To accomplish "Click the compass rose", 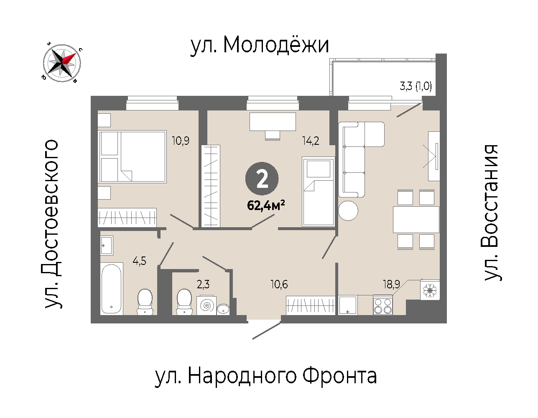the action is [62, 63].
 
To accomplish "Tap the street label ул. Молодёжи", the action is [260, 46].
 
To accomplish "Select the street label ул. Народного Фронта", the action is [266, 377].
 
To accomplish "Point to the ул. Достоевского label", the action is [52, 224].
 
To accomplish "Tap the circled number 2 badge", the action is [262, 178].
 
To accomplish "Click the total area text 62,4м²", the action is [266, 205].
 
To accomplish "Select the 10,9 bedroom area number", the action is [181, 141].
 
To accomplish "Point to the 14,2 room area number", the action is [311, 141].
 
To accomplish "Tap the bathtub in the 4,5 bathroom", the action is [112, 289].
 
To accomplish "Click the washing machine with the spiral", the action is [207, 305].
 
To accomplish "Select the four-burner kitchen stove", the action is [383, 305].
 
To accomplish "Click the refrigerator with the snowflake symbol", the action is [430, 290].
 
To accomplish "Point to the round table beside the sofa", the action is [348, 210].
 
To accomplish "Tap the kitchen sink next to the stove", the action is [348, 305].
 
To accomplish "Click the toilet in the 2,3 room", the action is [184, 302].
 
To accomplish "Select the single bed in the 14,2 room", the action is [318, 192].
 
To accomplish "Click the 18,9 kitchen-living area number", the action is [392, 284].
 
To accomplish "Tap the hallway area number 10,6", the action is [279, 284].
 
